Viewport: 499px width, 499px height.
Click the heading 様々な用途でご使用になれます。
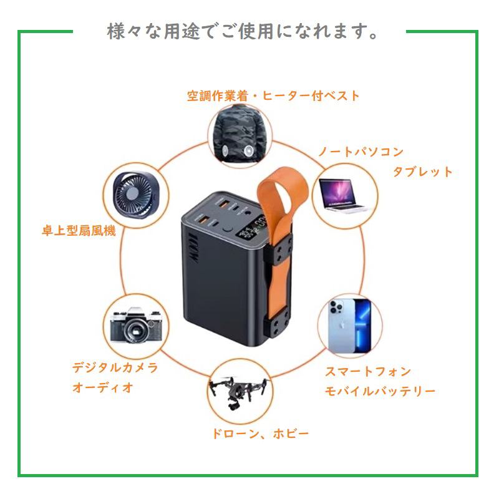(x=243, y=32)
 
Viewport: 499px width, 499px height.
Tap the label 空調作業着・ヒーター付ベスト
(x=274, y=96)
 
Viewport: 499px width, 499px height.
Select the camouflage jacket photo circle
(x=240, y=131)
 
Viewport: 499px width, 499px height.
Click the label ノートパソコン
(x=361, y=152)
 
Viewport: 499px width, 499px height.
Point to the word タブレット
(x=422, y=172)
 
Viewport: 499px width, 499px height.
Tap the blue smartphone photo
(x=348, y=324)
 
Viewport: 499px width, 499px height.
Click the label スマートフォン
(x=368, y=372)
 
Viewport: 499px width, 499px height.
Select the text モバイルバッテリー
(x=380, y=392)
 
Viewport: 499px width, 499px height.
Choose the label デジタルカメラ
(x=115, y=367)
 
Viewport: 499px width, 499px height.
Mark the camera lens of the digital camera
(x=132, y=331)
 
